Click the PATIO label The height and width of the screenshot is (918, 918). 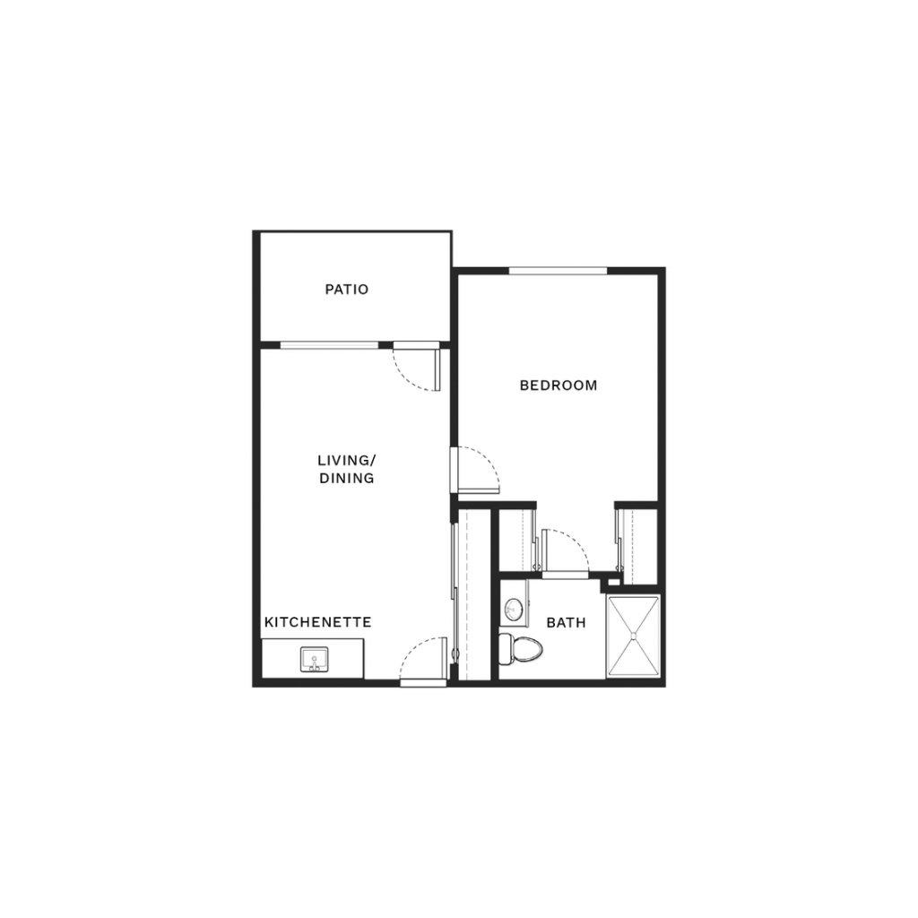(x=347, y=290)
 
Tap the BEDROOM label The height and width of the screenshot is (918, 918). (x=559, y=385)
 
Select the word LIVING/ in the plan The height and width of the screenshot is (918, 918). (x=347, y=460)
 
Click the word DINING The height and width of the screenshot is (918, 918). (x=347, y=479)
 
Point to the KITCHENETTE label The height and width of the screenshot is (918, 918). (x=318, y=622)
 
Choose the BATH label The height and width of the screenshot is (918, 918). (x=567, y=622)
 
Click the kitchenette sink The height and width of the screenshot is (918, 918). (x=315, y=659)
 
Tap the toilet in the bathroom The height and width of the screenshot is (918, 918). (x=521, y=649)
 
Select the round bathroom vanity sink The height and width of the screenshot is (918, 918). (x=514, y=610)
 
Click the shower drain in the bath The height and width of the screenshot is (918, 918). (x=634, y=636)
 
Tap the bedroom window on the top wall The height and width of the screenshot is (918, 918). (x=558, y=271)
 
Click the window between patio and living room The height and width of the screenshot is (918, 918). (x=329, y=345)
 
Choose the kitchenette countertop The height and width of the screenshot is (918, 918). (x=313, y=659)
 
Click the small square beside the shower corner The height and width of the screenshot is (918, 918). (x=613, y=582)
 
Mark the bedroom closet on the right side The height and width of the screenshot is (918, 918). (x=638, y=547)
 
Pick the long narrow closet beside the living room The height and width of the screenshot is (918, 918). (x=473, y=595)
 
